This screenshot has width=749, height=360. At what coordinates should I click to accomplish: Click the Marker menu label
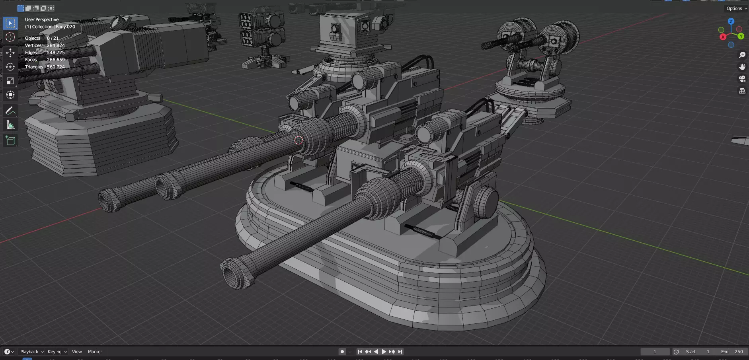pyautogui.click(x=95, y=352)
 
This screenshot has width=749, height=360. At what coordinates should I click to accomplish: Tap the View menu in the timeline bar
pyautogui.click(x=77, y=352)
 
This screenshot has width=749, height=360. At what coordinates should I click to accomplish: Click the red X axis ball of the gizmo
pyautogui.click(x=723, y=37)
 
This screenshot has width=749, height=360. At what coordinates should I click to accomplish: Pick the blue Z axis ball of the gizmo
pyautogui.click(x=731, y=21)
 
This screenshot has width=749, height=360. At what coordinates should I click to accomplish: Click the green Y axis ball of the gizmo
pyautogui.click(x=741, y=36)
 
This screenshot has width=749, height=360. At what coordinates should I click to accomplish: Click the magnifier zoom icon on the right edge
pyautogui.click(x=742, y=55)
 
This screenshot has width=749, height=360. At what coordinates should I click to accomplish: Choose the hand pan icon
pyautogui.click(x=742, y=67)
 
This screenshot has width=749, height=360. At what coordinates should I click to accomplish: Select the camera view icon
pyautogui.click(x=742, y=79)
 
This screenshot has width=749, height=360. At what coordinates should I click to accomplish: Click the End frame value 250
pyautogui.click(x=739, y=352)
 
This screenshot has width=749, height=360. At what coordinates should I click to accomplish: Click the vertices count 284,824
pyautogui.click(x=56, y=45)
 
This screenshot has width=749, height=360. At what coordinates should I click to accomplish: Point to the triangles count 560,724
pyautogui.click(x=56, y=67)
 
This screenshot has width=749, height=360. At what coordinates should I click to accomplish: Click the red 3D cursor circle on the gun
pyautogui.click(x=298, y=140)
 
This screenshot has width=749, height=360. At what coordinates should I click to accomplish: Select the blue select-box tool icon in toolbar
pyautogui.click(x=10, y=23)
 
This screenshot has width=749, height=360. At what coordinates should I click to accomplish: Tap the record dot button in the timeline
pyautogui.click(x=342, y=352)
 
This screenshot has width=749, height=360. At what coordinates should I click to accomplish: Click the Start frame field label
pyautogui.click(x=691, y=352)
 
